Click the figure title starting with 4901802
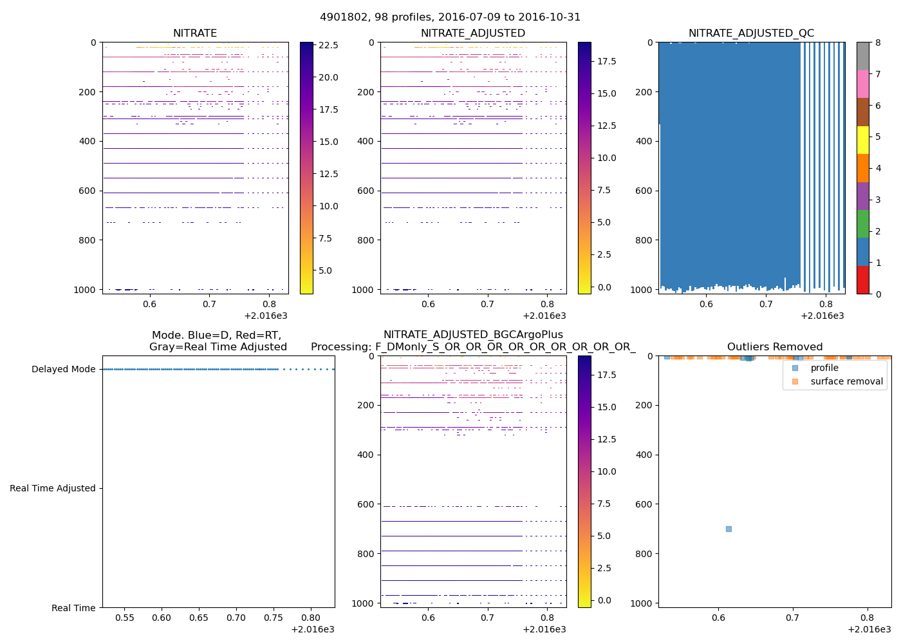[x=450, y=17]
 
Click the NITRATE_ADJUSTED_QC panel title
[x=751, y=33]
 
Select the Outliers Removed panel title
[x=774, y=346]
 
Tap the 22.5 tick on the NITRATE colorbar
[x=328, y=45]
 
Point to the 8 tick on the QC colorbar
[x=878, y=43]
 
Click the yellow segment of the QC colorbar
[x=862, y=140]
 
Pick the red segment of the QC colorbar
[x=862, y=280]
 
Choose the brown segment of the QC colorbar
[x=862, y=112]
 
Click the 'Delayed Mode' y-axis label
[x=63, y=369]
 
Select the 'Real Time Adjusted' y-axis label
[x=53, y=488]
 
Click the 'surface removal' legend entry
[x=846, y=381]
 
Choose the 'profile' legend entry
[x=824, y=368]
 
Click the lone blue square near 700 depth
[x=729, y=529]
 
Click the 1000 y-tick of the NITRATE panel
[x=85, y=290]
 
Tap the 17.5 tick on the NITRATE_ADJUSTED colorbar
[x=607, y=61]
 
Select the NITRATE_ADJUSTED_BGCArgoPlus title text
[x=473, y=334]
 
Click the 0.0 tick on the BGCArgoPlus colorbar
[x=604, y=600]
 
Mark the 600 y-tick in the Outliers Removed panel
[x=644, y=504]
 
